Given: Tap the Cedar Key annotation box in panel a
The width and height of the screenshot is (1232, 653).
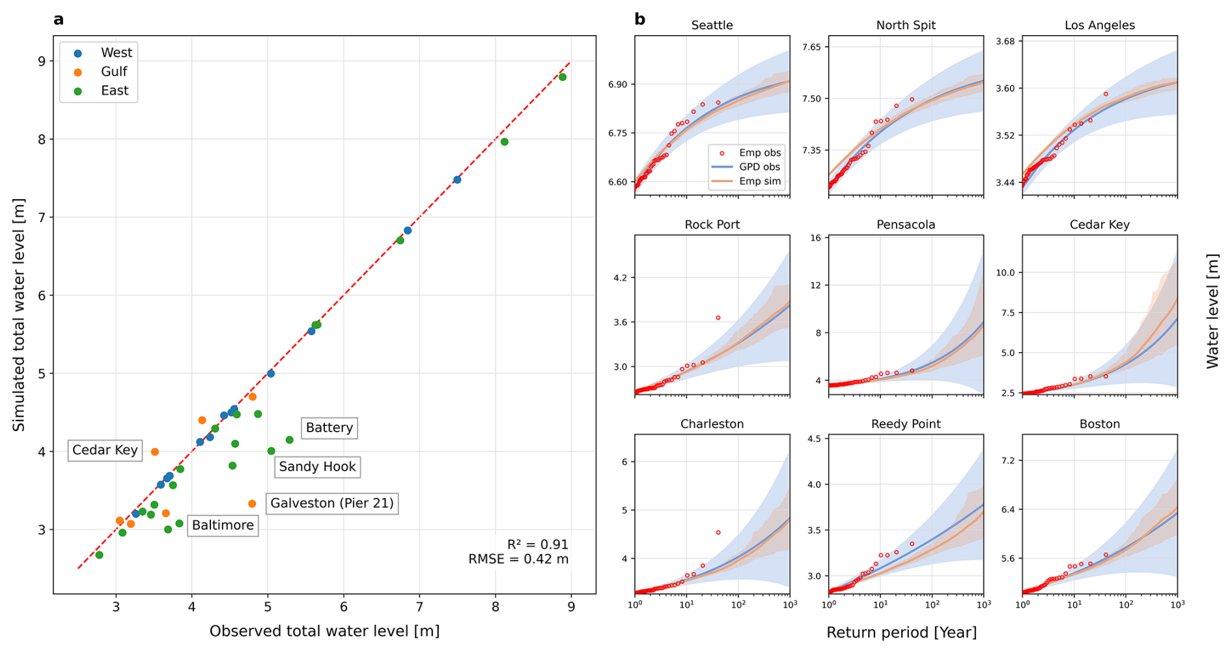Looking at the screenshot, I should pyautogui.click(x=105, y=450).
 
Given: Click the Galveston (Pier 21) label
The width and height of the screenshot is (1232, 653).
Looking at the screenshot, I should pyautogui.click(x=332, y=503).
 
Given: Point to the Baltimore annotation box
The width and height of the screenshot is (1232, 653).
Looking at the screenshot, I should pyautogui.click(x=223, y=525).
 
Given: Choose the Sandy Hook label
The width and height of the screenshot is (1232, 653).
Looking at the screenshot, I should pyautogui.click(x=317, y=467).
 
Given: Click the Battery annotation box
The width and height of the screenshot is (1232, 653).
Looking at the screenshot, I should pyautogui.click(x=329, y=428).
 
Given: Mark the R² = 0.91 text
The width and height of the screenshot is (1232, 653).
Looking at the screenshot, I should pyautogui.click(x=537, y=544).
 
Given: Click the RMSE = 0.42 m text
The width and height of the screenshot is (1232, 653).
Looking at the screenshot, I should pyautogui.click(x=518, y=559).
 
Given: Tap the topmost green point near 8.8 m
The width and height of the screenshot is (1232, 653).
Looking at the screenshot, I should pyautogui.click(x=563, y=77).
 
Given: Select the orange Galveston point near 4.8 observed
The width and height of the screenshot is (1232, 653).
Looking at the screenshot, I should pyautogui.click(x=252, y=504).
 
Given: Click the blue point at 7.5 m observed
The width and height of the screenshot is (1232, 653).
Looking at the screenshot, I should pyautogui.click(x=457, y=180).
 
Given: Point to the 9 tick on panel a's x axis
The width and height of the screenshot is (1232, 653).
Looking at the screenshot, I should pyautogui.click(x=571, y=608).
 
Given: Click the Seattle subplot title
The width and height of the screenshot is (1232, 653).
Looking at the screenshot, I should pyautogui.click(x=712, y=25).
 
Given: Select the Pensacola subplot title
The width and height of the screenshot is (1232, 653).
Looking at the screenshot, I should pyautogui.click(x=906, y=225).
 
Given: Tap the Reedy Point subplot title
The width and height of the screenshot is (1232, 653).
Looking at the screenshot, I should pyautogui.click(x=906, y=424).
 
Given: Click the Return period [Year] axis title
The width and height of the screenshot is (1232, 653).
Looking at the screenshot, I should pyautogui.click(x=901, y=632).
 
